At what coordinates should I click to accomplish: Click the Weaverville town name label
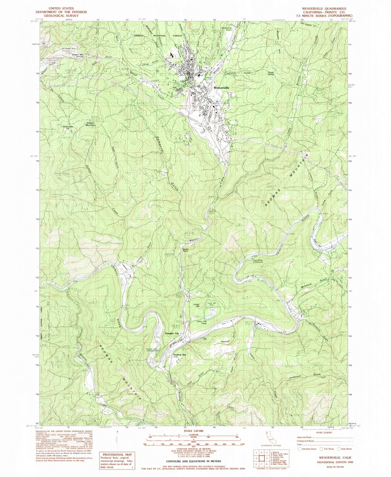(221, 88)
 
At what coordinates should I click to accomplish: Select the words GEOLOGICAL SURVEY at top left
(58, 16)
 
